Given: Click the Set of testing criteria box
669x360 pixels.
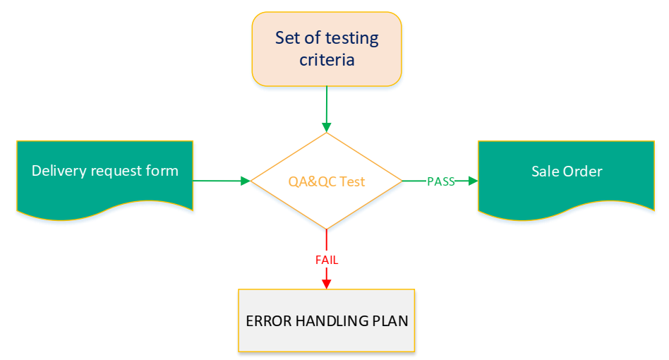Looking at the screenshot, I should (x=327, y=48).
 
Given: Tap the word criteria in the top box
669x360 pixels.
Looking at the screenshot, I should (x=327, y=60).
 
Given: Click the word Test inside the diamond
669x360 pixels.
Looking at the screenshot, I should (x=352, y=181).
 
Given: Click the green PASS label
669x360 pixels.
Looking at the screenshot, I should (x=440, y=181).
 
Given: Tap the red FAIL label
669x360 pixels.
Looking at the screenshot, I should (x=326, y=260).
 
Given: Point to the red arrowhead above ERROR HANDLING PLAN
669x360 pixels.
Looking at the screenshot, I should (x=326, y=284).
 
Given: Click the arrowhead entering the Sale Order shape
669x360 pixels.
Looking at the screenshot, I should (x=473, y=181).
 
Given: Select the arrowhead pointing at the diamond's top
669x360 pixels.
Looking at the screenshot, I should (x=326, y=127).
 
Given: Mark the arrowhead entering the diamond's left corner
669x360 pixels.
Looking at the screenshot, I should (x=246, y=181).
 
